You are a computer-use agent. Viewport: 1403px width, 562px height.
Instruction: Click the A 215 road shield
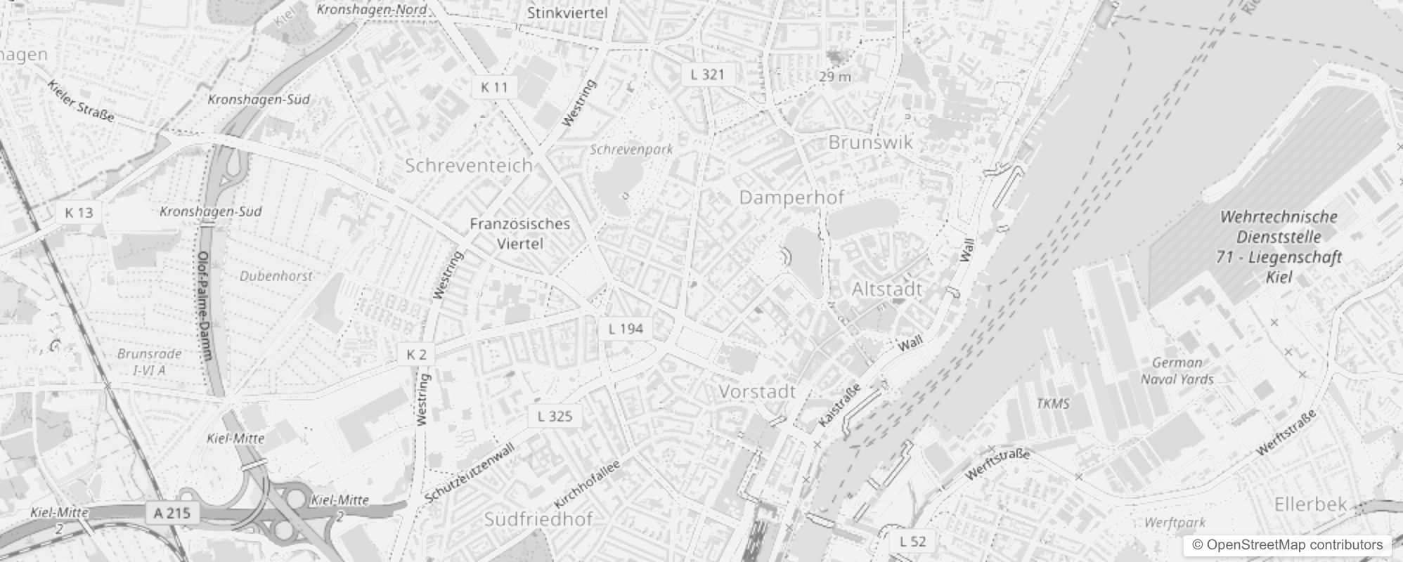click(x=172, y=513)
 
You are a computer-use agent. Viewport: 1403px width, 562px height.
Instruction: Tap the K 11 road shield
click(x=494, y=87)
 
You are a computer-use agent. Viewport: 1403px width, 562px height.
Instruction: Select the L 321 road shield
click(x=707, y=74)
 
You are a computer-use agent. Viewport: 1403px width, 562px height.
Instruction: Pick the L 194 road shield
click(x=626, y=329)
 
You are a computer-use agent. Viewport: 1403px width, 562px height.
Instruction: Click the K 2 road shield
click(x=416, y=354)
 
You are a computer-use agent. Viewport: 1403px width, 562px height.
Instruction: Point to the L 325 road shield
click(x=555, y=416)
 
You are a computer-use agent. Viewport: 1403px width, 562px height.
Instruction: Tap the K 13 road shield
click(x=79, y=212)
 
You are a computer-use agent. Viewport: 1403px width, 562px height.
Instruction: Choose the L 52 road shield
click(x=912, y=541)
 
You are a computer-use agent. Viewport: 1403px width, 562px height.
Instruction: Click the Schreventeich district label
click(x=469, y=165)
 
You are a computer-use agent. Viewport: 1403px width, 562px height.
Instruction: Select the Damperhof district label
click(x=791, y=197)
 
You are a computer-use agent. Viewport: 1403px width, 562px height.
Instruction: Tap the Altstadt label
click(x=887, y=289)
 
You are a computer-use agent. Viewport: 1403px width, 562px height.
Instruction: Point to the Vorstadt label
click(x=757, y=391)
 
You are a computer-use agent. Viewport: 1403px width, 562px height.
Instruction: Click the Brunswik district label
click(x=871, y=142)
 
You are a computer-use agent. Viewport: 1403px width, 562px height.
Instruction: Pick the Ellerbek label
click(x=1311, y=504)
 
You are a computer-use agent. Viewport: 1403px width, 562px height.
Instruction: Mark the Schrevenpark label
click(x=631, y=149)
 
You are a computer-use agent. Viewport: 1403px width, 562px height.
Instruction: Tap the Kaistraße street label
click(x=839, y=407)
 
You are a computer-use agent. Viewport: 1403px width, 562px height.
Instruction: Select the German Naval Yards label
click(x=1177, y=371)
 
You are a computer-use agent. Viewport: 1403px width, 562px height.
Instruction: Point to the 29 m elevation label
click(x=835, y=76)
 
